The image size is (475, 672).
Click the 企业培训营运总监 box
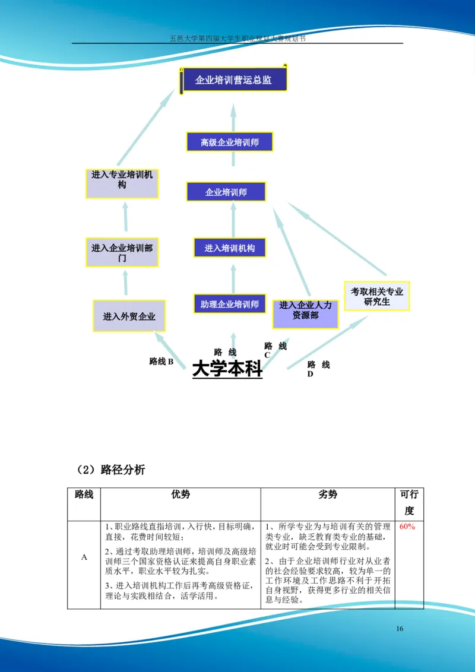point(234,80)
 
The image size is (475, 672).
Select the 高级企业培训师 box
point(229,142)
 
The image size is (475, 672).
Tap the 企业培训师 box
point(226,192)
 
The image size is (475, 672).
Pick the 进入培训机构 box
point(230,248)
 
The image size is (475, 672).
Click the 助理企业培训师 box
point(230,304)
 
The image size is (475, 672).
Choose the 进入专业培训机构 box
point(122,183)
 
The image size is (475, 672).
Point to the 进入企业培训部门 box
point(122,252)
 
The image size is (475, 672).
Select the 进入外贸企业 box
point(129,316)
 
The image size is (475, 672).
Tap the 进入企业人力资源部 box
point(305,313)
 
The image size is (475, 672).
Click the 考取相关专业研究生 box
point(376,296)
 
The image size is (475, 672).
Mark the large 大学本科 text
point(227,369)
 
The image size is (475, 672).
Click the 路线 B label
point(161,361)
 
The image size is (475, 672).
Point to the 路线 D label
point(318,369)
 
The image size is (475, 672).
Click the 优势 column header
point(180,495)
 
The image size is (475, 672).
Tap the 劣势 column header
point(328,495)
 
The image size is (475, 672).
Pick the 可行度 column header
point(409,502)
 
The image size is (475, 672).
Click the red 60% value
point(407,527)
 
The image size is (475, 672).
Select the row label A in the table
point(84,557)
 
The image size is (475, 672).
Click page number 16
point(400,629)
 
